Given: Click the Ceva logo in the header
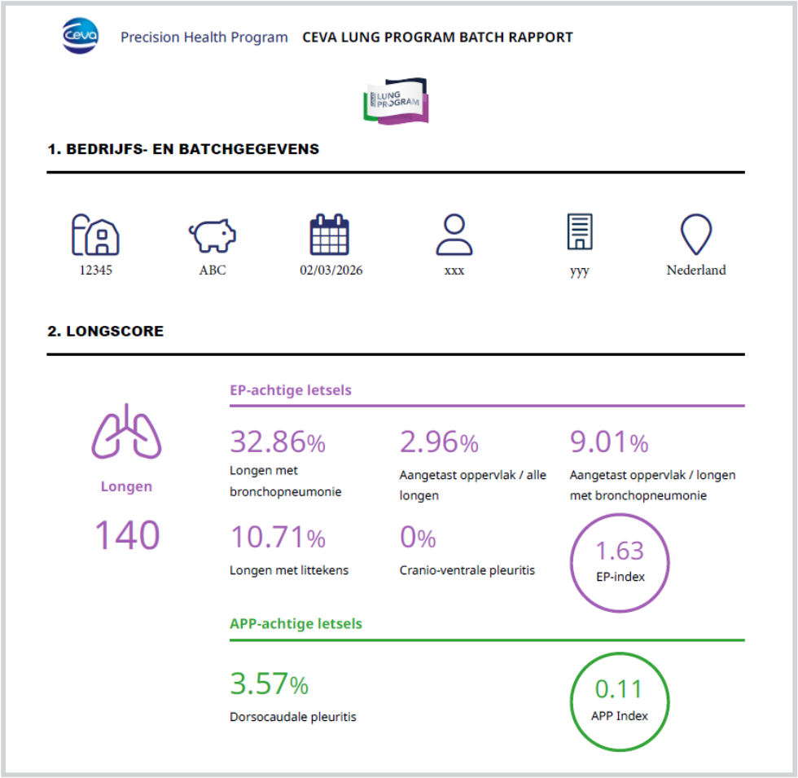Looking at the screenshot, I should tap(80, 37).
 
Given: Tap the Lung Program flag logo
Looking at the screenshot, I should tap(396, 102).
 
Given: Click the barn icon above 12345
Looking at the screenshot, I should tap(95, 235).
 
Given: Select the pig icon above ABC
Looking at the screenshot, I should tap(213, 235).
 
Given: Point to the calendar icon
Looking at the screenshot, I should tap(330, 235).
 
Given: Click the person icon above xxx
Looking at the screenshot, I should tap(454, 235).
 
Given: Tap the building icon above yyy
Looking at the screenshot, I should tap(579, 233).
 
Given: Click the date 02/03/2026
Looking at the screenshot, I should tap(331, 270).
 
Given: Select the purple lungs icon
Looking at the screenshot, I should tap(126, 432).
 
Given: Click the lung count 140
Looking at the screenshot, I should tap(127, 535).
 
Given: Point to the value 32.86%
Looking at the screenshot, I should tap(278, 442).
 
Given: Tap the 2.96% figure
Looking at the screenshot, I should tap(439, 442).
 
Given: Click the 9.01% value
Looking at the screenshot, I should tap(609, 442).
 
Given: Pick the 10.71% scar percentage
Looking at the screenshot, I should tap(278, 538).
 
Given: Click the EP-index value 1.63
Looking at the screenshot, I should tap(620, 552).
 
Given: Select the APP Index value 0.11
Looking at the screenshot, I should tap(619, 689).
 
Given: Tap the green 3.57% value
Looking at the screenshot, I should tap(269, 684).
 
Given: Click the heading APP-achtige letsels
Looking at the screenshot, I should tap(296, 624).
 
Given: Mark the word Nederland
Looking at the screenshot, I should tap(696, 270).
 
